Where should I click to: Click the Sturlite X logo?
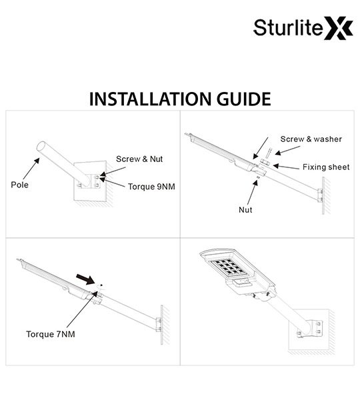[x=303, y=28]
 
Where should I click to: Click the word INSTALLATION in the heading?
[x=151, y=99]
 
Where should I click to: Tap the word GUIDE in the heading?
[x=243, y=99]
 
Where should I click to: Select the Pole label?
[x=19, y=185]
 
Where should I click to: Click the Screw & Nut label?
[x=139, y=159]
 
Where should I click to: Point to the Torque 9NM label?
[x=151, y=187]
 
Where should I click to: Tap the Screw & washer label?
[x=311, y=139]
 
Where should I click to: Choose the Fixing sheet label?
[x=326, y=167]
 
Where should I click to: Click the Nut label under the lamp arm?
[x=245, y=210]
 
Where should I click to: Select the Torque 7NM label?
[x=51, y=334]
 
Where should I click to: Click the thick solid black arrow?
[x=85, y=279]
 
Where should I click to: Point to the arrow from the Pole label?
[x=31, y=169]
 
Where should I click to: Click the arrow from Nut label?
[x=252, y=193]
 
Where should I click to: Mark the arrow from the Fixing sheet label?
[x=286, y=167]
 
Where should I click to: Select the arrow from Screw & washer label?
[x=287, y=151]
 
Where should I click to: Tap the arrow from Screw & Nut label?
[x=113, y=171]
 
